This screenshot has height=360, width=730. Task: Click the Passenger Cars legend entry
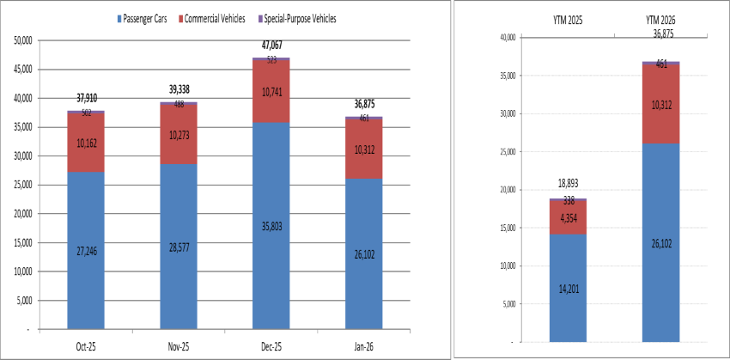click(146, 18)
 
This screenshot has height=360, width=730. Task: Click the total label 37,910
click(86, 98)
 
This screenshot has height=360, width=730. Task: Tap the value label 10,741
click(271, 90)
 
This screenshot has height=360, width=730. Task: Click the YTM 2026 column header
click(661, 17)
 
